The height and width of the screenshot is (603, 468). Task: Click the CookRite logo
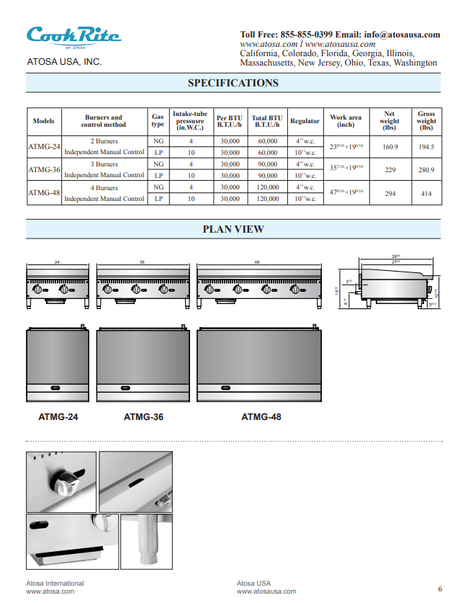[x=73, y=35]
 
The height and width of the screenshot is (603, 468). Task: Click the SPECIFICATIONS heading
[x=233, y=83]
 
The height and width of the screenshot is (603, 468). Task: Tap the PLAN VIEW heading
[x=233, y=229]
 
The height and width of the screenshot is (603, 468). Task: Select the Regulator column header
[x=305, y=121]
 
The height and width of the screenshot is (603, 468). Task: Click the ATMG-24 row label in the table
[x=44, y=147]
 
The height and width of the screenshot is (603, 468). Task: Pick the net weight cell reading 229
[x=390, y=170]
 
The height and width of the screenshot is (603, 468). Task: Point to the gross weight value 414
[x=426, y=193]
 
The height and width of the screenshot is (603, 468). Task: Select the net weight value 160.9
[x=390, y=147]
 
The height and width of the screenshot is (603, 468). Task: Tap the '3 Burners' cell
[x=104, y=164]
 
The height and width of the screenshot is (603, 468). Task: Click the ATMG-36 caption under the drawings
[x=144, y=416]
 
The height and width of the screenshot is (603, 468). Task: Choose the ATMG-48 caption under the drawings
[x=261, y=416]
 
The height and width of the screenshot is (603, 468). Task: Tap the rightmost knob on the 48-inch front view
[x=294, y=290]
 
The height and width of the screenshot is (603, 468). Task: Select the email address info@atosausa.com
[x=402, y=34]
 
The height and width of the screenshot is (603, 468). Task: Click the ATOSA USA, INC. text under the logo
[x=64, y=62]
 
